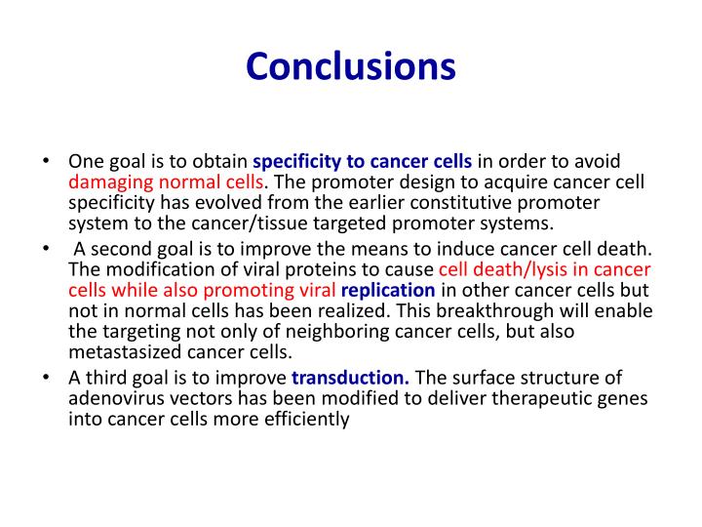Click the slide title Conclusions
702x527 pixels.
click(x=351, y=66)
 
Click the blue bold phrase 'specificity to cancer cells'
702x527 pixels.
click(x=362, y=161)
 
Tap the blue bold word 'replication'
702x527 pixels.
click(x=388, y=289)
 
